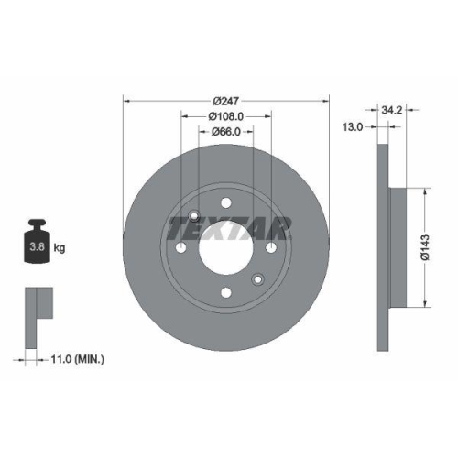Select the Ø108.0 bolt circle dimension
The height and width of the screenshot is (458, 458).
tap(224, 115)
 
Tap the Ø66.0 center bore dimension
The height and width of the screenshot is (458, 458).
tap(224, 132)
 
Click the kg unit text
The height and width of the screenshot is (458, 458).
tap(60, 247)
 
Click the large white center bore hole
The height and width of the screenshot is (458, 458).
tap(224, 249)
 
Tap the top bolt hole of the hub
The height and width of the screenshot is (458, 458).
tap(224, 206)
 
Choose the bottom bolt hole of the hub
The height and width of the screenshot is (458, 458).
tap(224, 293)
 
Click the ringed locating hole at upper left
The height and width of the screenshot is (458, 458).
tap(193, 217)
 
